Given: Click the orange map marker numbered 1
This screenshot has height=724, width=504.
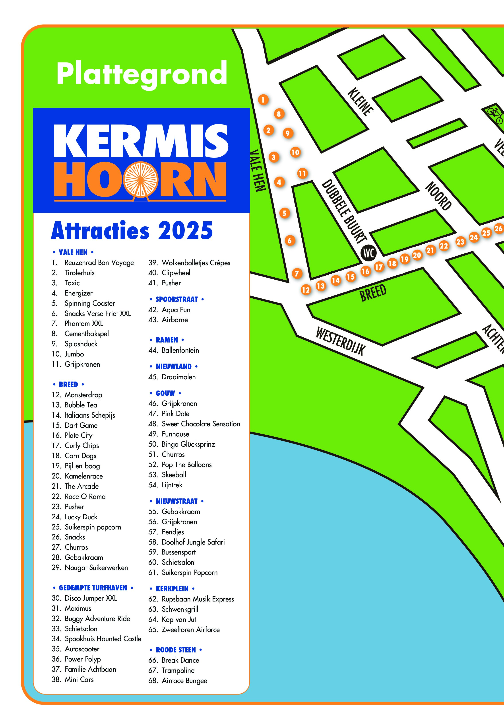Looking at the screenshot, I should pos(263,100).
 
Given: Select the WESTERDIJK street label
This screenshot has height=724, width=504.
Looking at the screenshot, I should pos(340,341).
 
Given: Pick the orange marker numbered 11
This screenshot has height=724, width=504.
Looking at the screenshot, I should pos(302,173).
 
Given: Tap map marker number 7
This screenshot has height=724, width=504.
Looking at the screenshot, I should pos(297,273).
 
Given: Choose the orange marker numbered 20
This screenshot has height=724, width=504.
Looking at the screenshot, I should pos(417,255).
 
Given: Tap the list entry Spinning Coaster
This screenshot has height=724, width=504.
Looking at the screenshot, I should pos(89,303).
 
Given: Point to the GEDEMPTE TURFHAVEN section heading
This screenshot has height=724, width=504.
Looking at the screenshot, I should pos(93,588).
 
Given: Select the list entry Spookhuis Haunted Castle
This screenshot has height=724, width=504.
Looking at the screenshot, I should pos(103,639).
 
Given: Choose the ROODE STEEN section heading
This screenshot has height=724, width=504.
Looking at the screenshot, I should pos(176,650).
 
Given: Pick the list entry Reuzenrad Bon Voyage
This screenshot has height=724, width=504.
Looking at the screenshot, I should pos(99,263).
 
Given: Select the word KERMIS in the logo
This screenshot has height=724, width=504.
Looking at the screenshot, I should pos(141,141).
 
